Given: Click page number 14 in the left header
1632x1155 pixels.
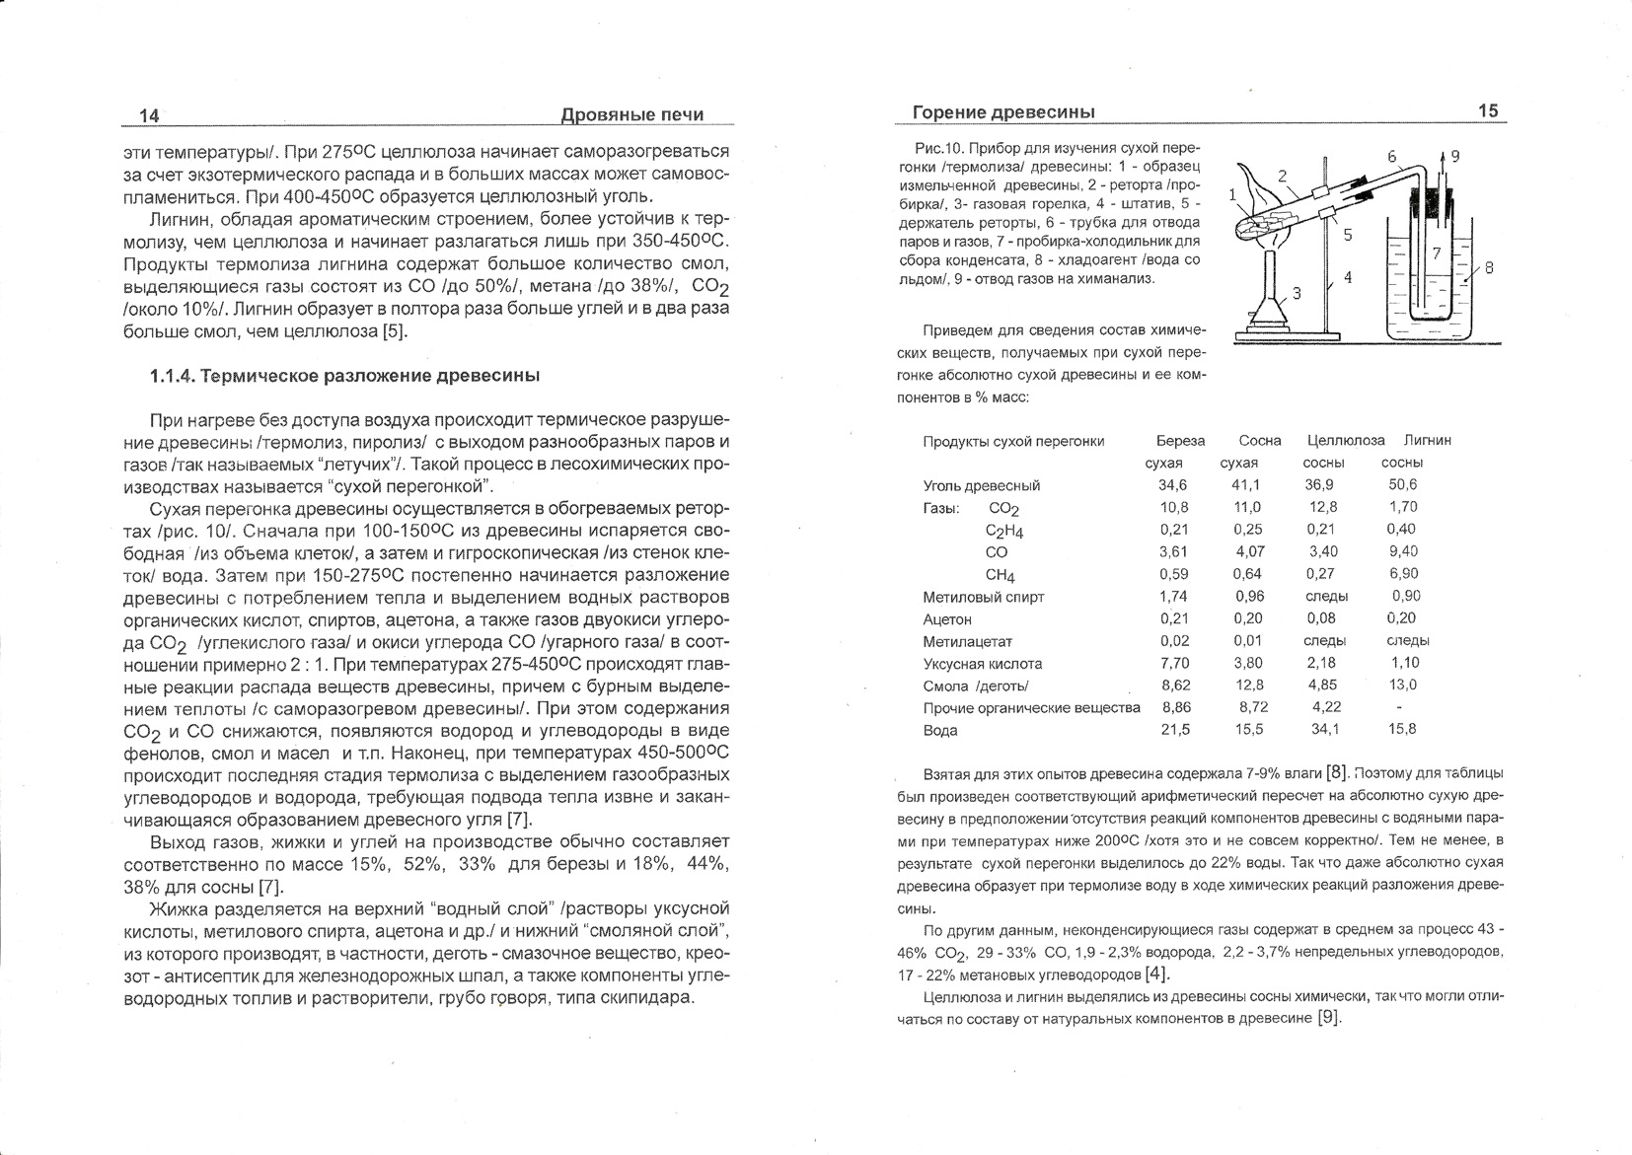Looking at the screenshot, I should click(149, 115).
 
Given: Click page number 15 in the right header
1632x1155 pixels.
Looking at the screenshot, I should click(1488, 111).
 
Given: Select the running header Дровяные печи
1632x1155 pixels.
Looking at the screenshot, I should click(631, 114).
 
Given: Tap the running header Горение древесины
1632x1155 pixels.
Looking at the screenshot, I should click(1003, 112).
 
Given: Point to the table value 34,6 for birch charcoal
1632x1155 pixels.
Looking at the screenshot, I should click(1173, 485).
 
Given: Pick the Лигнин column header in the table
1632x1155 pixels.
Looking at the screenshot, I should click(1427, 440).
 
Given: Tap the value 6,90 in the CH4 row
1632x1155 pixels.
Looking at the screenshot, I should click(1402, 574).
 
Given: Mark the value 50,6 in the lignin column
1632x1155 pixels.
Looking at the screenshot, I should click(1402, 485).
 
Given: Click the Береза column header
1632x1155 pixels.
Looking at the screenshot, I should click(1180, 440).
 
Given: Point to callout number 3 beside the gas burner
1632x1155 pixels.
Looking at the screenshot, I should click(1297, 293).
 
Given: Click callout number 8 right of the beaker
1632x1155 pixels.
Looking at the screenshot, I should click(1489, 267).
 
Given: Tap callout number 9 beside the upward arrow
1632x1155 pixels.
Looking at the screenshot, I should click(1454, 156).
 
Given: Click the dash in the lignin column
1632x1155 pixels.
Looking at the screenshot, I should click(1399, 707).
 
